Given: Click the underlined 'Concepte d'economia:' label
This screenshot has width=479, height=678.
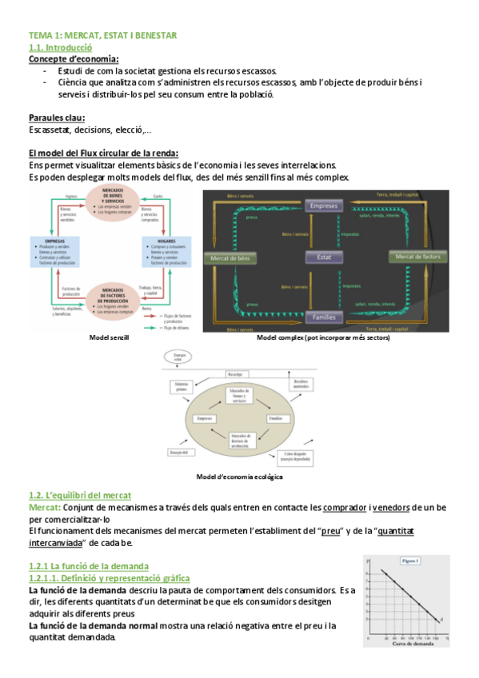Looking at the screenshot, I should click(73, 59).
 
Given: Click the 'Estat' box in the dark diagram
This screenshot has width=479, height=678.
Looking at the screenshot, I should click(322, 257).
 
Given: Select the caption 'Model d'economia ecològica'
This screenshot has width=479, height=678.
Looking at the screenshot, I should click(239, 477).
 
